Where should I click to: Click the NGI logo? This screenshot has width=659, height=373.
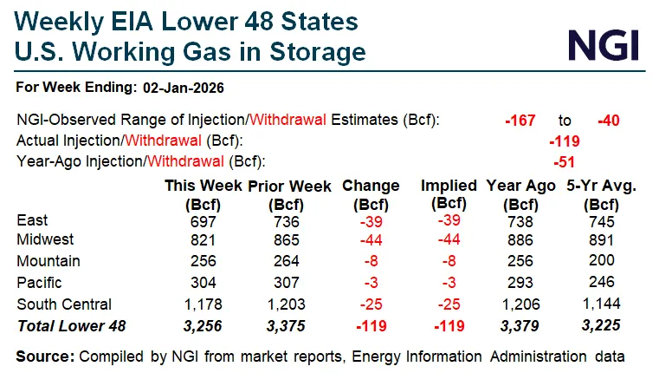[604, 43]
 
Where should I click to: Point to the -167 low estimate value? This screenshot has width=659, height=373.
[521, 120]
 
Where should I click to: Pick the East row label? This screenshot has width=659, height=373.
[32, 221]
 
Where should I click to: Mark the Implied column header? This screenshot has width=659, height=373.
[448, 186]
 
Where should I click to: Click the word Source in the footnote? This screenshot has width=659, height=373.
[44, 356]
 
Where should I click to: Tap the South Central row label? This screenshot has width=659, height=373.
[64, 304]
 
